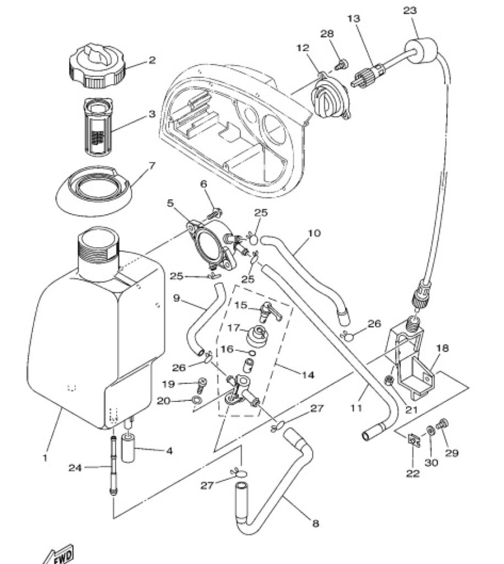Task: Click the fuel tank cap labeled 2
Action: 97,67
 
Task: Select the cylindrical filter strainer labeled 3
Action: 98,126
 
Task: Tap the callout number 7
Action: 152,166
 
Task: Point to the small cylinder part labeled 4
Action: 128,448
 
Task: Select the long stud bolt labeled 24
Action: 113,466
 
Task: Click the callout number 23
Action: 409,10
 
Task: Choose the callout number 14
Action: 308,375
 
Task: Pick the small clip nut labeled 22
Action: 414,440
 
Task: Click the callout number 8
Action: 315,523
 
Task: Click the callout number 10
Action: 314,233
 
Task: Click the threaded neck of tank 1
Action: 98,246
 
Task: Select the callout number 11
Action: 357,408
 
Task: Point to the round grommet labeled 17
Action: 257,335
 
